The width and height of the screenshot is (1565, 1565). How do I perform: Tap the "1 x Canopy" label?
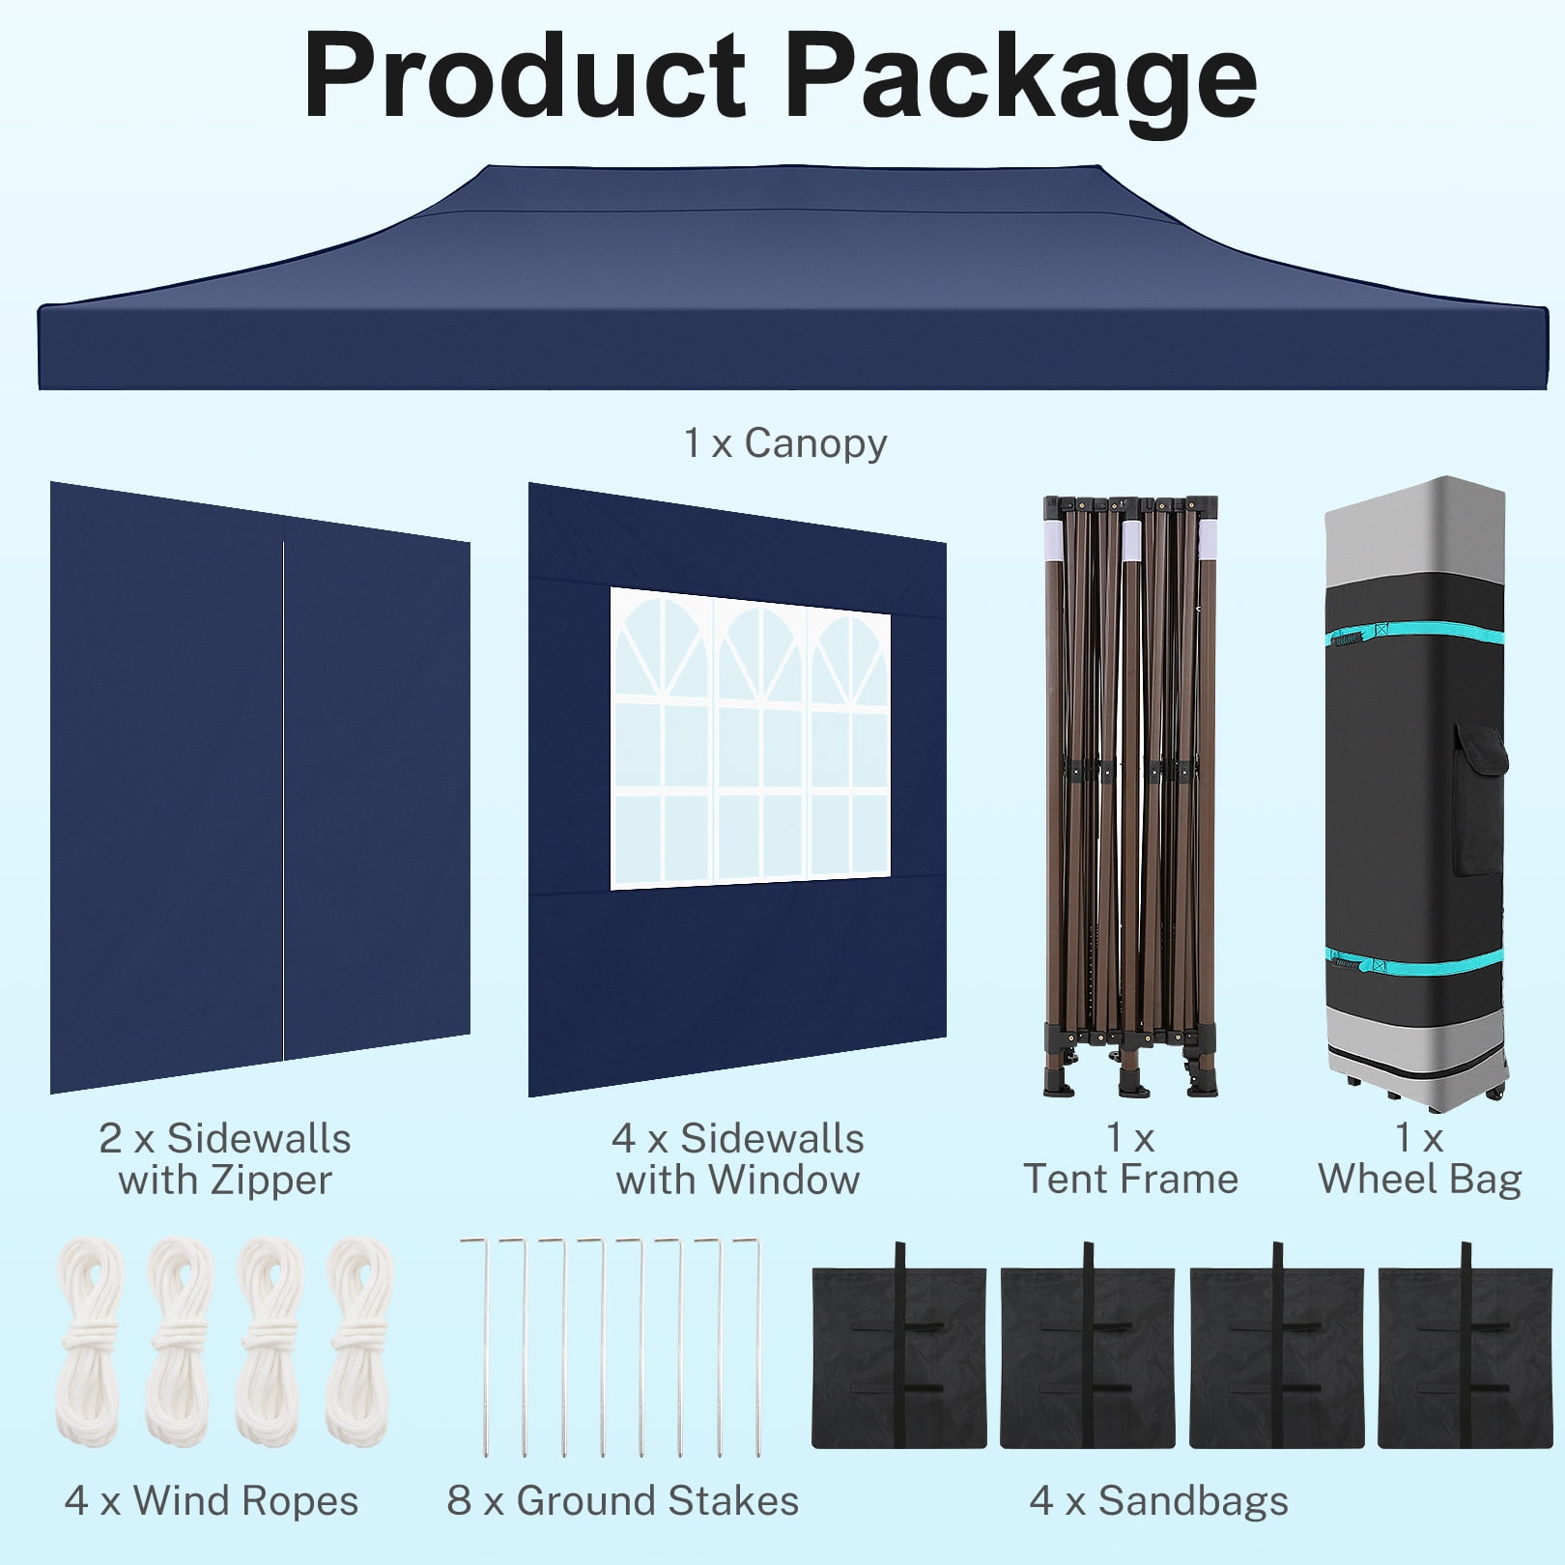(784, 443)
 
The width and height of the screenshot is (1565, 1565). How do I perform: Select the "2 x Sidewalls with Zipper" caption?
(225, 1159)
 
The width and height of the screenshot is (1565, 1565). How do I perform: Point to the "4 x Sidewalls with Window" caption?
(738, 1159)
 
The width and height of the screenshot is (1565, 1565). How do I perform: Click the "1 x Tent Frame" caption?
(1130, 1159)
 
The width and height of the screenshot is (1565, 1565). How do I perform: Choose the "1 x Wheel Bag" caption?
(1419, 1159)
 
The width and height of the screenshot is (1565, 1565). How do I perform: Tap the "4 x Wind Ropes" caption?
(212, 1500)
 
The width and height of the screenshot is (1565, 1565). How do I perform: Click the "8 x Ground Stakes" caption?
(623, 1500)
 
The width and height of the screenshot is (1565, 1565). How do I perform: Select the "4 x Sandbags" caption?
(1159, 1500)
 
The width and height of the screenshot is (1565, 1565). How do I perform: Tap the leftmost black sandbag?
(899, 1347)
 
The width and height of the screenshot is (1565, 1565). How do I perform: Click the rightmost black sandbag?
(1465, 1347)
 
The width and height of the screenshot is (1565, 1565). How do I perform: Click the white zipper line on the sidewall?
(283, 801)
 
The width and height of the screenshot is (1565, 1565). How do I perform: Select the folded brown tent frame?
(1130, 796)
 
